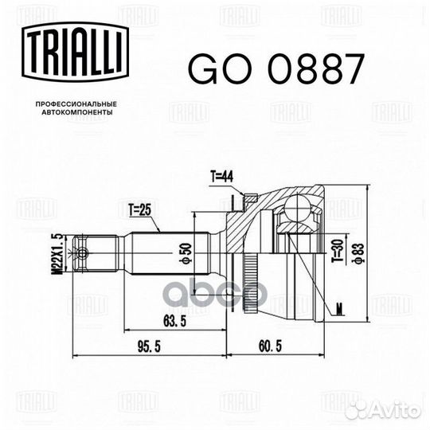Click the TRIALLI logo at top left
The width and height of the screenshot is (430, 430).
click(75, 52)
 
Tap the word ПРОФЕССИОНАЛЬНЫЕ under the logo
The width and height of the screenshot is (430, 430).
click(76, 104)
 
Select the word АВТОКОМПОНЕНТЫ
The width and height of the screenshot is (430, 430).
click(77, 112)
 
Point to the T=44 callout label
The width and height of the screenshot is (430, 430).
click(222, 176)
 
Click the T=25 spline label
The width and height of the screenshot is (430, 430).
click(140, 210)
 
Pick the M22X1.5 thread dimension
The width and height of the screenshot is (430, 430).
click(57, 254)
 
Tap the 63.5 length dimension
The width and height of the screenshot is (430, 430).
click(174, 321)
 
